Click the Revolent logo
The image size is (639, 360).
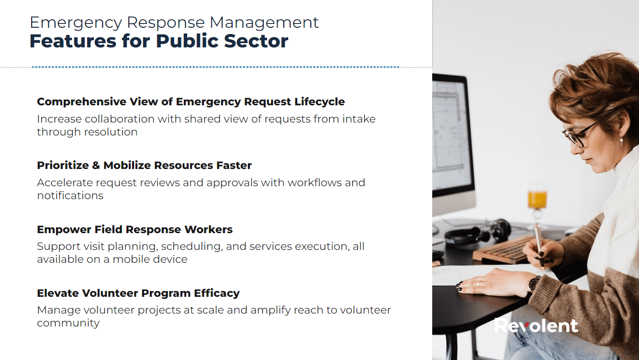click(536, 326)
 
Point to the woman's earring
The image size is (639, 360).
click(621, 140)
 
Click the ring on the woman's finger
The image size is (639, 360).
click(479, 283)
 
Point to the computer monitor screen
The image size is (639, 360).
click(451, 135)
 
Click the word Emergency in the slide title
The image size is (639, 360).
click(76, 23)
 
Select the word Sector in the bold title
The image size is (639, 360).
click(256, 41)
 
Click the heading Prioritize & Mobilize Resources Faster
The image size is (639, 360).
click(145, 165)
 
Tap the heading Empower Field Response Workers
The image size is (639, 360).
click(135, 229)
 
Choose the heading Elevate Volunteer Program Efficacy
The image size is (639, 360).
click(138, 293)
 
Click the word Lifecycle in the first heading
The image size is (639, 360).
click(320, 102)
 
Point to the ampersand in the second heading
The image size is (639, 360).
click(96, 166)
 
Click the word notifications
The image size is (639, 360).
click(70, 196)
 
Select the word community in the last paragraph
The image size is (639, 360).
click(68, 324)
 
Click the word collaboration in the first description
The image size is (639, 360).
click(120, 119)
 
